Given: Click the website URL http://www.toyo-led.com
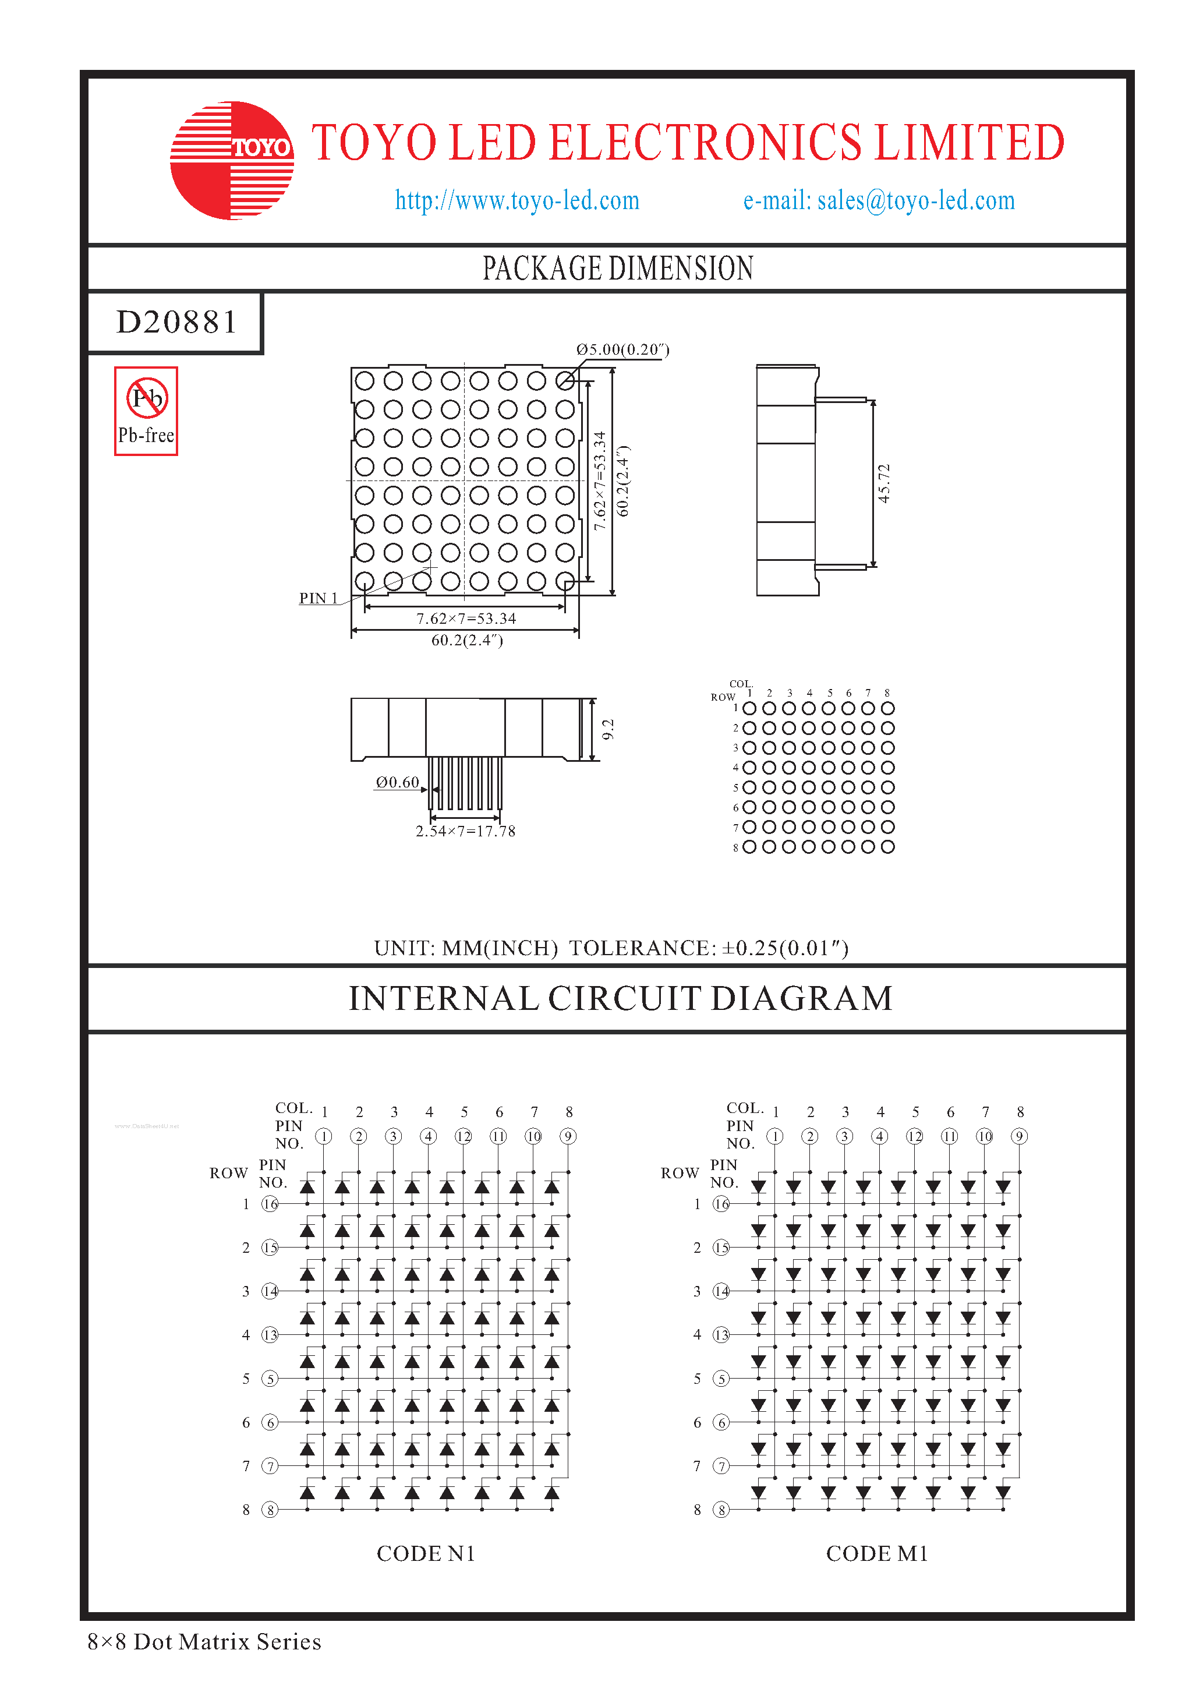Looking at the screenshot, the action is pyautogui.click(x=517, y=200).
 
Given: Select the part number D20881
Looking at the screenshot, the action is pyautogui.click(x=176, y=323).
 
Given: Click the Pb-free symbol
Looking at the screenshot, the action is pyautogui.click(x=147, y=410).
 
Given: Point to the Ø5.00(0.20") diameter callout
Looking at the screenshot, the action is pyautogui.click(x=622, y=349).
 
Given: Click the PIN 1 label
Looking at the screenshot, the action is pyautogui.click(x=318, y=598).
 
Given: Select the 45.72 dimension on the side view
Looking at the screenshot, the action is pyautogui.click(x=883, y=483).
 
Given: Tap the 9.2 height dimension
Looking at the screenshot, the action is pyautogui.click(x=608, y=729).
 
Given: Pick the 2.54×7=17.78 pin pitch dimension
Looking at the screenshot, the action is pyautogui.click(x=465, y=831).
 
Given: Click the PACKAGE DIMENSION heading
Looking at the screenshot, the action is pyautogui.click(x=617, y=268).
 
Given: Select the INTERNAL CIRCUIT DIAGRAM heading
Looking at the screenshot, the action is pyautogui.click(x=621, y=998).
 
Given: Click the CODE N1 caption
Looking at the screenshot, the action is pyautogui.click(x=426, y=1553).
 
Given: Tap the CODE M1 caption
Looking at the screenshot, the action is pyautogui.click(x=877, y=1553).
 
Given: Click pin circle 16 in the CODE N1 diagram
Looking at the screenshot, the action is pyautogui.click(x=271, y=1204).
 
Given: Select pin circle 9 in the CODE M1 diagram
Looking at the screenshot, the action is pyautogui.click(x=1019, y=1136).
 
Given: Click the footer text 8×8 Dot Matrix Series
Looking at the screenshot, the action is pyautogui.click(x=204, y=1641).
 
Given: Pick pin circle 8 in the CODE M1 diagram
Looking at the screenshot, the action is pyautogui.click(x=721, y=1510).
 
